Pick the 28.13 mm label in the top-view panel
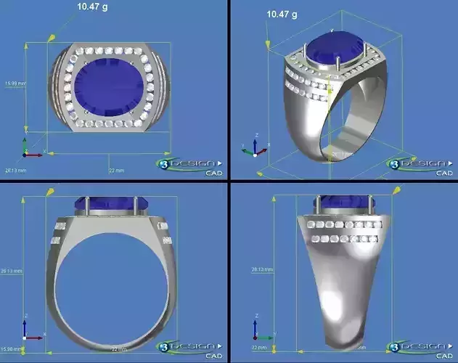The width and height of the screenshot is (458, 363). pyautogui.click(x=15, y=170)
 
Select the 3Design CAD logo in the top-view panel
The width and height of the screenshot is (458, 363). pyautogui.click(x=191, y=166)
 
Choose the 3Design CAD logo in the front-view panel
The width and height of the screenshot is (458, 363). pyautogui.click(x=191, y=348)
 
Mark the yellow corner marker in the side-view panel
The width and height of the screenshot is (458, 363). pyautogui.click(x=398, y=190)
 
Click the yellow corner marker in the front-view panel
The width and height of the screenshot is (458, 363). pyautogui.click(x=51, y=191)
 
